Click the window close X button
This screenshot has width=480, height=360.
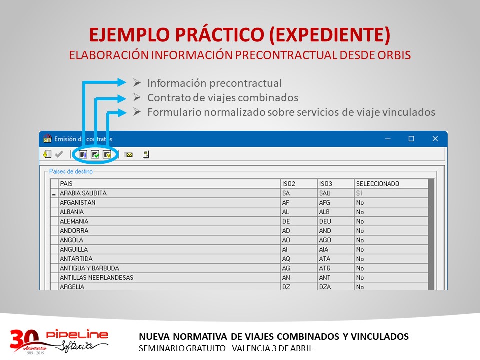(x=435, y=139)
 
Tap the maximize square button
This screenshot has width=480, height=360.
(x=411, y=139)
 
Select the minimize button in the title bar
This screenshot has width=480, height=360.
(x=388, y=139)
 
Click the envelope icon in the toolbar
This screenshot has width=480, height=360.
(x=128, y=155)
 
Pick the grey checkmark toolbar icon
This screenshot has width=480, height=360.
(x=59, y=154)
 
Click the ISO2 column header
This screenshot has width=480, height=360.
(x=288, y=184)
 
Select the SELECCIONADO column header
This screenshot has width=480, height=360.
(x=378, y=184)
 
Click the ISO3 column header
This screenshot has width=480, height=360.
(x=325, y=184)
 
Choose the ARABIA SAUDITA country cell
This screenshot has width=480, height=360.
(x=83, y=193)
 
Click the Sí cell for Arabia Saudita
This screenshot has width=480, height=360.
(x=359, y=193)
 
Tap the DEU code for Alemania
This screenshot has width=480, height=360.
(x=325, y=221)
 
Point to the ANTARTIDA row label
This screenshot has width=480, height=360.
(x=76, y=259)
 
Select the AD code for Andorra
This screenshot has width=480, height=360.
(x=286, y=231)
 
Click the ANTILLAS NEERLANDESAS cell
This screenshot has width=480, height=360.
(x=96, y=277)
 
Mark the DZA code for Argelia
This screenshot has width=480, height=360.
(x=325, y=287)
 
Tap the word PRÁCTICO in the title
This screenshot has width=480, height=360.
(x=220, y=34)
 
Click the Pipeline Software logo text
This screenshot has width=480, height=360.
(x=77, y=340)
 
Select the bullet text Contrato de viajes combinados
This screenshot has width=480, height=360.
(x=223, y=98)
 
